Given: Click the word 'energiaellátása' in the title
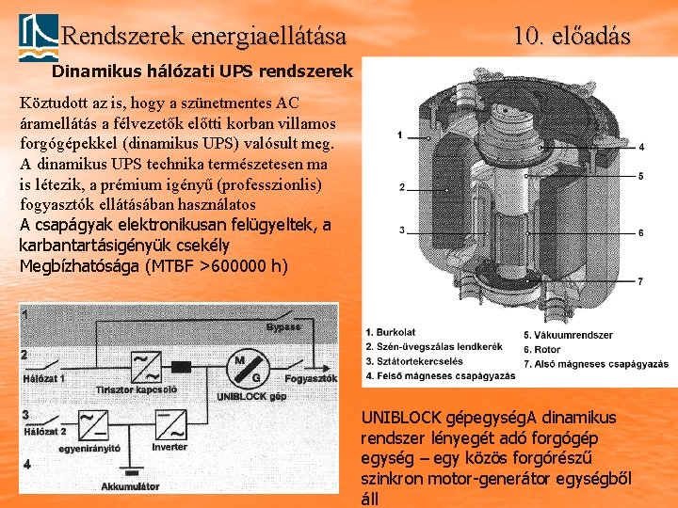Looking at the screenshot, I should (268, 37).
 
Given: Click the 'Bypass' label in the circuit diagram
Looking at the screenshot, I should (282, 327).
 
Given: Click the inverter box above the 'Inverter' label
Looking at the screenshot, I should (169, 424).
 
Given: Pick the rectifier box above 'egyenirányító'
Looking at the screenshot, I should (93, 424).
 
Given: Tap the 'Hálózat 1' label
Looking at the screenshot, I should (43, 378).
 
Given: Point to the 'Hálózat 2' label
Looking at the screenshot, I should (43, 432).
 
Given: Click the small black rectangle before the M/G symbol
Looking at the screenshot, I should (182, 365).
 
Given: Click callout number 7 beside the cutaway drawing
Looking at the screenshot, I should (640, 281).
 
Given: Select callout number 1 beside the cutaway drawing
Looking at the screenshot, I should (399, 135).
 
